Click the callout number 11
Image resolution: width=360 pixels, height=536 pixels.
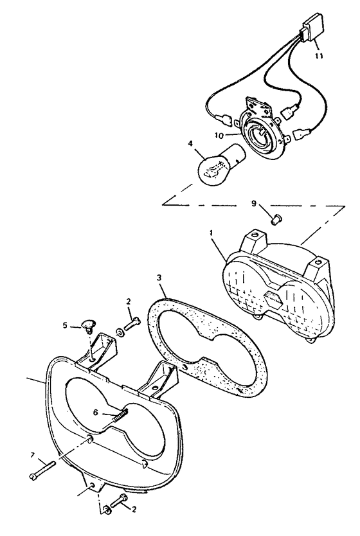click(319, 56)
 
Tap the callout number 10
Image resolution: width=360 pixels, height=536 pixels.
click(219, 136)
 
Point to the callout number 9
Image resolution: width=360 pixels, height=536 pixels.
click(253, 203)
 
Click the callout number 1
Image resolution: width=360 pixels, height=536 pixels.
click(212, 233)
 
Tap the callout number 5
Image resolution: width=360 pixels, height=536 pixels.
click(65, 326)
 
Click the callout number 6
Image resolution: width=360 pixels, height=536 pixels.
click(96, 413)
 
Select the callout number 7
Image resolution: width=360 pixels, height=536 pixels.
click(33, 455)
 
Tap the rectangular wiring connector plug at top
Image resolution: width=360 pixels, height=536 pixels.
click(310, 30)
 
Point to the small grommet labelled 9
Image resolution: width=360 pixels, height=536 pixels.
click(275, 219)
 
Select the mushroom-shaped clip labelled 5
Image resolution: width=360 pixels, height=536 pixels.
click(89, 325)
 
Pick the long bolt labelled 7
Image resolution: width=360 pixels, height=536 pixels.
click(42, 470)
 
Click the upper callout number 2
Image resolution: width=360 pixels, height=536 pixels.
click(129, 301)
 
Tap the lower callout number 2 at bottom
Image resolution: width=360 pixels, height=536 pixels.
click(134, 510)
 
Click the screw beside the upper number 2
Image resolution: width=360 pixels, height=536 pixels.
click(133, 323)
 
